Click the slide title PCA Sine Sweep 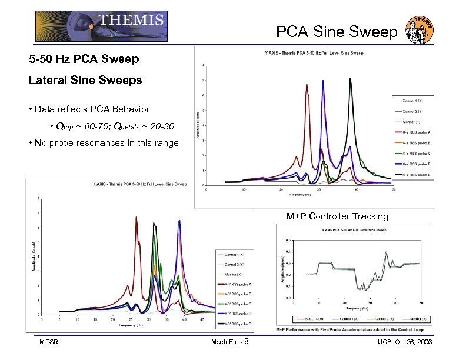click(x=337, y=32)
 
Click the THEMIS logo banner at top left click(x=101, y=26)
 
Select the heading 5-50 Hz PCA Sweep click(x=84, y=60)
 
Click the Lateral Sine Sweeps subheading click(x=85, y=81)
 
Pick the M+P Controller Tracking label click(x=337, y=216)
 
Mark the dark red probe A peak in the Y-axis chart click(x=307, y=85)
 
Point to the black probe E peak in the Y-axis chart click(x=350, y=79)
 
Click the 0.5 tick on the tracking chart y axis click(x=287, y=239)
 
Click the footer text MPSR click(x=49, y=342)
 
